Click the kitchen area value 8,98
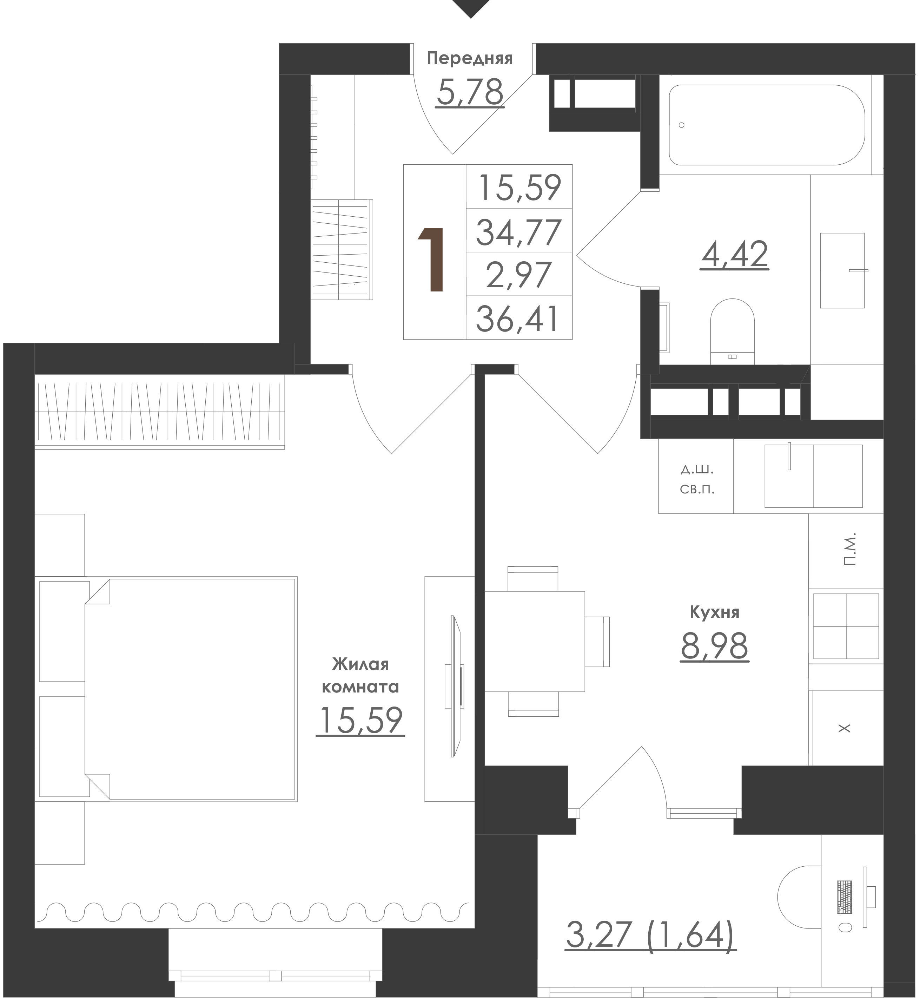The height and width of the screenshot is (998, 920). tap(714, 646)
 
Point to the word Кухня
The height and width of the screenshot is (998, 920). tap(714, 612)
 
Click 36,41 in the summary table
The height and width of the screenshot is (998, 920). tap(518, 319)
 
